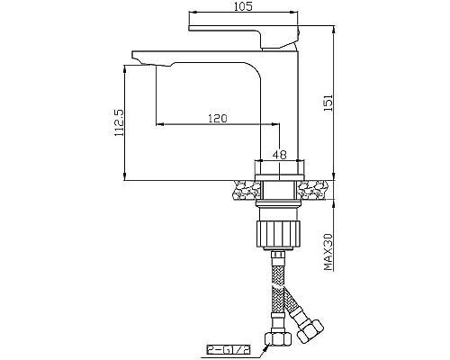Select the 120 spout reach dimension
[x=217, y=118]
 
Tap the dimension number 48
[x=279, y=154]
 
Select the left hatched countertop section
[x=244, y=191]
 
